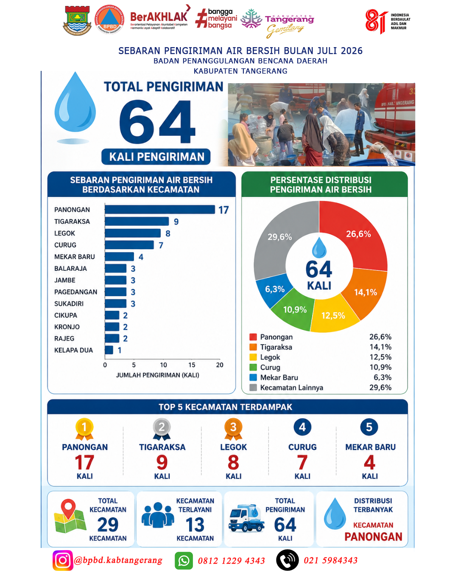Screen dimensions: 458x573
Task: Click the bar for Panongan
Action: coord(160,210)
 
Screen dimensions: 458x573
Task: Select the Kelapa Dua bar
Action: coord(109,350)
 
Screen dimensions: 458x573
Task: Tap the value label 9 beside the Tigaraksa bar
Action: coord(176,222)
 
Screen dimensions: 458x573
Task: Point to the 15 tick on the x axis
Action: coord(192,365)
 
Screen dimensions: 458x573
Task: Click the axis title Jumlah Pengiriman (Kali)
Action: coord(158,375)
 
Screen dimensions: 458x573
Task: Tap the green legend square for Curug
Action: coord(253,367)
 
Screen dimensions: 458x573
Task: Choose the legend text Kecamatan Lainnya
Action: coord(291,388)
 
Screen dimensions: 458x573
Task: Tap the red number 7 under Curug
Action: coord(302,463)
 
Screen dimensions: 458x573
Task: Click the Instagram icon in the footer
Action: coord(63,560)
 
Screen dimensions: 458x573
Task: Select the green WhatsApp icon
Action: coord(184,561)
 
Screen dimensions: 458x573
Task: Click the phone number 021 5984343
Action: coord(330,561)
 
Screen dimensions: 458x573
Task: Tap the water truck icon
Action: coord(246,518)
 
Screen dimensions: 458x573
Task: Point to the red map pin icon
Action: coord(68,508)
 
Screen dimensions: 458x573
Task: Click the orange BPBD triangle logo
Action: coord(109,19)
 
